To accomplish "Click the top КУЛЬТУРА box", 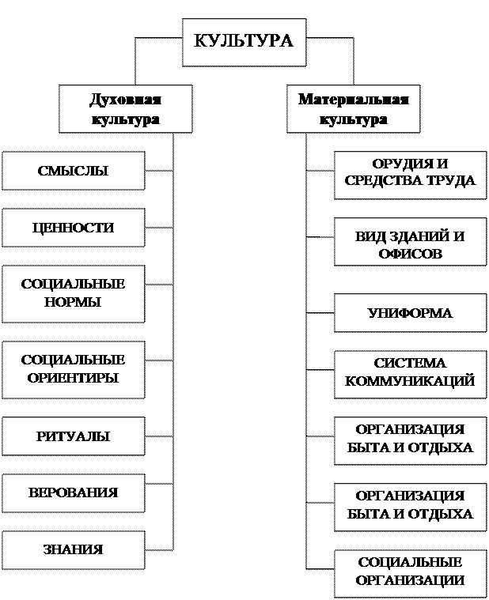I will [244, 40].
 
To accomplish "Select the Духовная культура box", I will [125, 109].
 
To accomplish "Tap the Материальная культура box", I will [353, 109].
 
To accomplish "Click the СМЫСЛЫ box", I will [73, 171].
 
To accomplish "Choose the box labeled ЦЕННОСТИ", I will [73, 228].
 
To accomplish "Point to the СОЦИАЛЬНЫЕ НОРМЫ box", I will [73, 293].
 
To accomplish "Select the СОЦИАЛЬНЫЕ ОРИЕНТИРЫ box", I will [73, 369].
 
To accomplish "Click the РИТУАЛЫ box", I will [73, 436].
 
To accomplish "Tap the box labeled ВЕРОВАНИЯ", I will [73, 492].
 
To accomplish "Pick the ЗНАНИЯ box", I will [73, 549].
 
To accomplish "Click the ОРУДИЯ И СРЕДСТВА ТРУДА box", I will [410, 172].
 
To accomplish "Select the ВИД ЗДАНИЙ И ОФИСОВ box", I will [410, 245].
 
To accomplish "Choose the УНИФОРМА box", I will [410, 313].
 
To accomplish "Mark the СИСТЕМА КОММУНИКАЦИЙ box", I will [410, 372].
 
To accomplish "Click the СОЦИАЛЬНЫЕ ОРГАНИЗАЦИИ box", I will [410, 572].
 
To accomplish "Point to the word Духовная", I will [125, 100].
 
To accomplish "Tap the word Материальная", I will [353, 100].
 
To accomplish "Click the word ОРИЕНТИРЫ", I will [73, 378].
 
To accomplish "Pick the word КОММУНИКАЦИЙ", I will [410, 381].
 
